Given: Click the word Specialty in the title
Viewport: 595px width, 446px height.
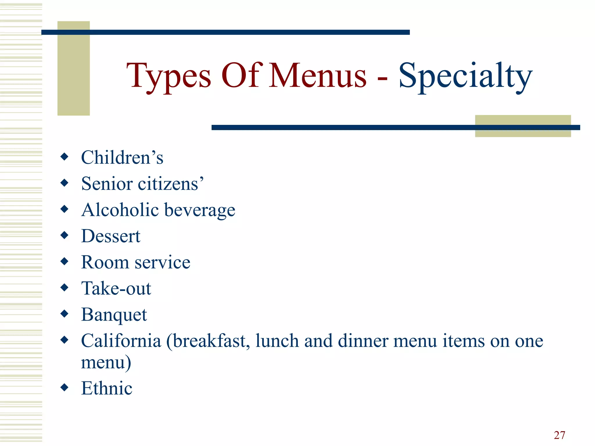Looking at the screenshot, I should click(x=465, y=76).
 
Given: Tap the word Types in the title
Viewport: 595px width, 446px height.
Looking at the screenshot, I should click(x=169, y=76).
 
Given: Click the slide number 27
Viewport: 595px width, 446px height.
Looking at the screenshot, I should click(x=559, y=435).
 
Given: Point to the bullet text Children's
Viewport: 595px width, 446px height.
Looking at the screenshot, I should click(x=122, y=157).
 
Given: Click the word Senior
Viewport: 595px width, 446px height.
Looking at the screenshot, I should click(x=107, y=184).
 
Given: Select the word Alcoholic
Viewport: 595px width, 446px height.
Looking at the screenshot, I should click(x=120, y=210).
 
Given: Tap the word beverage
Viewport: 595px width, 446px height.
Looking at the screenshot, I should click(x=200, y=210).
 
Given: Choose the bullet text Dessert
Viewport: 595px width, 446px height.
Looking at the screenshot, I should click(x=111, y=236).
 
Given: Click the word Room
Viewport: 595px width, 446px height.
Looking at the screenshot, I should click(x=105, y=262).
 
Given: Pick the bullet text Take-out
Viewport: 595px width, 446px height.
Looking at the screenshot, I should click(x=116, y=288).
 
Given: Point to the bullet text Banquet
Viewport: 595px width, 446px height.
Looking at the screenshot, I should click(x=114, y=315).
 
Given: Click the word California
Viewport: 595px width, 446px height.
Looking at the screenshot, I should click(x=121, y=341).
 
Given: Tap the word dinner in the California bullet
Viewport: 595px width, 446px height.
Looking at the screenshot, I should click(x=363, y=341).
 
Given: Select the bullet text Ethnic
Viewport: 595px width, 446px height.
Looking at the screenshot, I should click(x=107, y=388).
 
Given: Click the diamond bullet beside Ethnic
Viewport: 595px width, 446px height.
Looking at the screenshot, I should click(x=64, y=387).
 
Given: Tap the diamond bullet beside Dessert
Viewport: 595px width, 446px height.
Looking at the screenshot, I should click(x=64, y=235).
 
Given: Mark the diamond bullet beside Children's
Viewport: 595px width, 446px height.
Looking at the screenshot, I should click(x=64, y=157).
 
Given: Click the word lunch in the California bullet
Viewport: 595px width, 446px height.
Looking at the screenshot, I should click(x=277, y=341).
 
